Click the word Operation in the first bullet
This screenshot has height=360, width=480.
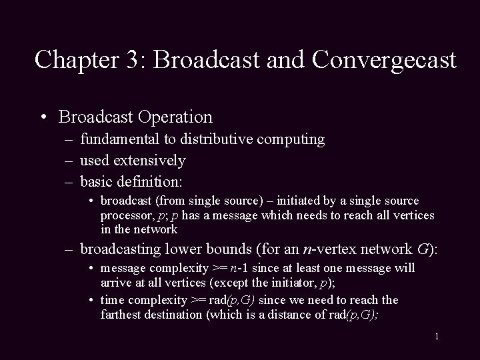[x=176, y=117]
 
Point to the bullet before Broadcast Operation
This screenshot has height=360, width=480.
[x=43, y=118]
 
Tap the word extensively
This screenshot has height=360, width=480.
[x=152, y=161]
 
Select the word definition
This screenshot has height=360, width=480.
[x=157, y=181]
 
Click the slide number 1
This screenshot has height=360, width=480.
[x=437, y=337]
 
